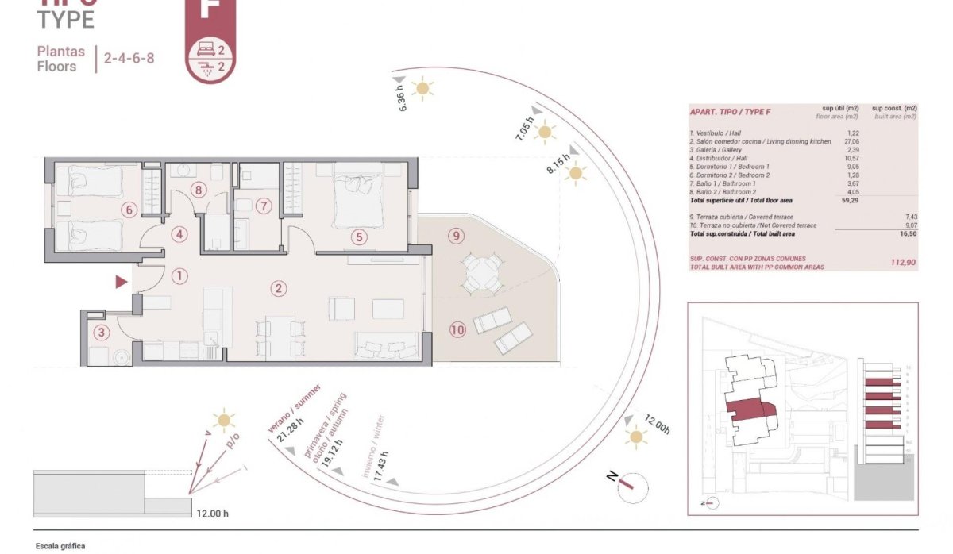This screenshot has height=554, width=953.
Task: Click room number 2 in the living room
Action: [278, 289]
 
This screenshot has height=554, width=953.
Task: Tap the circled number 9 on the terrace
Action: [455, 236]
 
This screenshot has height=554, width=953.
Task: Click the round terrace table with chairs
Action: [482, 272]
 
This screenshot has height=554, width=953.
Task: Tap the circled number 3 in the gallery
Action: [100, 333]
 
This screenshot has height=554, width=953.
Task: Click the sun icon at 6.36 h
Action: [422, 88]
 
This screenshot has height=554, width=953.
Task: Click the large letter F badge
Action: [210, 11]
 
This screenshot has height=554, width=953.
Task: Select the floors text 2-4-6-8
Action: [129, 59]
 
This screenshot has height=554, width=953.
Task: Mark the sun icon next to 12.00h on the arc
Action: [635, 436]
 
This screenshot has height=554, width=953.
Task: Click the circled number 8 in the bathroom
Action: [199, 190]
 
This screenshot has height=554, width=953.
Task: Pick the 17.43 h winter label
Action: [381, 461]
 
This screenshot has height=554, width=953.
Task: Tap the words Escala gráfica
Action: [60, 546]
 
